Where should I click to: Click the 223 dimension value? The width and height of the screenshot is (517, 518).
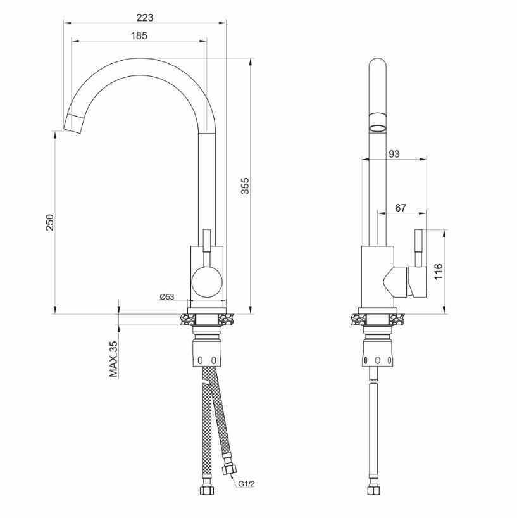point(145,18)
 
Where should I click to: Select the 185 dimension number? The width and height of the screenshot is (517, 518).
point(139,35)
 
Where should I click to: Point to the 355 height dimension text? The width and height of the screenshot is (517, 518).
point(245,186)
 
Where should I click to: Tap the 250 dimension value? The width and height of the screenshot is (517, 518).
point(49,222)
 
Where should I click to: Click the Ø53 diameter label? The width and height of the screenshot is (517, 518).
point(166,296)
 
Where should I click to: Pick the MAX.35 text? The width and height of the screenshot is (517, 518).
point(113,359)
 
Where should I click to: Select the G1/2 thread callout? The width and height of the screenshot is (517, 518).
point(247,484)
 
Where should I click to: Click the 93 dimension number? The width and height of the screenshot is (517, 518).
point(394,154)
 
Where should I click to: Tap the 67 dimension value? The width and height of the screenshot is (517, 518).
point(400,208)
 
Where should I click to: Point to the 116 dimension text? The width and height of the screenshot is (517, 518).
point(438,272)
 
